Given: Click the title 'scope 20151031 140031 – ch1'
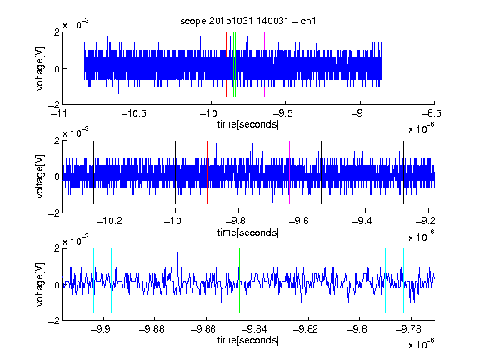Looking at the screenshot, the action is coord(247,21).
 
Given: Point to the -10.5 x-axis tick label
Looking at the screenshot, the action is coord(134,114).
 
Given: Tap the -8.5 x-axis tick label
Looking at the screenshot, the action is coord(431,114).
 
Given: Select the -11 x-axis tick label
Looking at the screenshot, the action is coord(60,114).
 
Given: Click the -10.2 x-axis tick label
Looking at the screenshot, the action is coord(109,221).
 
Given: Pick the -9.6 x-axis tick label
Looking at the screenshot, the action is coord(299,221).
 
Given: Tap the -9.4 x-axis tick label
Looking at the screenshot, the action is coord(362,221).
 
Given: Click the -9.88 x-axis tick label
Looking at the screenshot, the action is coord(152,329).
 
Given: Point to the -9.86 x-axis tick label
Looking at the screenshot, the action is coord(203,329).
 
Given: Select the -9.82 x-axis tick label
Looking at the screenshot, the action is coord(306,329).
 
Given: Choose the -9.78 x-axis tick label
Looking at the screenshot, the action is coord(408,329).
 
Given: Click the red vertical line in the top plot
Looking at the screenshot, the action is coord(226,65).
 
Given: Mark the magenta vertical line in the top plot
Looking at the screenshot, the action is coord(264,65).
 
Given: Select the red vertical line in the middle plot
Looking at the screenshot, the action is coord(207,172).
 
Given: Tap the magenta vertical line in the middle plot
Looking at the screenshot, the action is coord(290,172).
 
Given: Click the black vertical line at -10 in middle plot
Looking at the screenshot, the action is coord(175,172).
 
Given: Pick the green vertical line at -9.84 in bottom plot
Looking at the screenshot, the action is coord(257,280).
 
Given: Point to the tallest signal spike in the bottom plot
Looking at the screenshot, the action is coord(177,252).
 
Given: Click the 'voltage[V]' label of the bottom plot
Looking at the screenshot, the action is coord(40,284).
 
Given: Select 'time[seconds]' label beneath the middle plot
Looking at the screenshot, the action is coord(248,232).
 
